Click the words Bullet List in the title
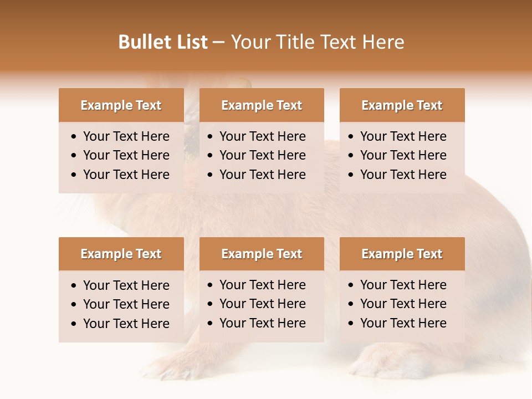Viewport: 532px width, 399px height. click(x=163, y=42)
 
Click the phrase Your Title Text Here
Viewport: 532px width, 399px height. click(x=317, y=42)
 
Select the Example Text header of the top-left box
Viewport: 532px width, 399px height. click(x=121, y=105)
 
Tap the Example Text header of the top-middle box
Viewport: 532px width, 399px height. click(x=262, y=105)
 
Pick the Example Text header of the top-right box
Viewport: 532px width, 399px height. click(x=402, y=105)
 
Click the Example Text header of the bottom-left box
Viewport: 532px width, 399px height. click(x=121, y=254)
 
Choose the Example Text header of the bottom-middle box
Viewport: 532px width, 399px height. click(x=262, y=254)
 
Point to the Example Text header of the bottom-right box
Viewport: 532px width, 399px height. click(x=402, y=254)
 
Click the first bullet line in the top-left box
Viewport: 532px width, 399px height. click(x=126, y=136)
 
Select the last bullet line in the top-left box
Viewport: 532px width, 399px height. click(x=126, y=175)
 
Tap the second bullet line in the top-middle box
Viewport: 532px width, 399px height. click(x=262, y=155)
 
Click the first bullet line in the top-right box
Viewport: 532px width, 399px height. click(x=403, y=136)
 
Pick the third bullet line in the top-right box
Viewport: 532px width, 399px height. click(x=403, y=175)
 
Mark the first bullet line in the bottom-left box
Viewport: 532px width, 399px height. click(x=126, y=285)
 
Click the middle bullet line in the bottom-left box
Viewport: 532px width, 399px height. click(x=126, y=304)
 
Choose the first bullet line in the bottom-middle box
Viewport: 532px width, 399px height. click(x=262, y=285)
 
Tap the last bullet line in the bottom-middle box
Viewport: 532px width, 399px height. click(x=262, y=323)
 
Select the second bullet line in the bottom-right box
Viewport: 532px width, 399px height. click(x=403, y=304)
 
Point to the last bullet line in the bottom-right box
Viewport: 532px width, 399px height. click(x=403, y=323)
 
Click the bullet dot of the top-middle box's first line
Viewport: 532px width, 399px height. click(x=210, y=137)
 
